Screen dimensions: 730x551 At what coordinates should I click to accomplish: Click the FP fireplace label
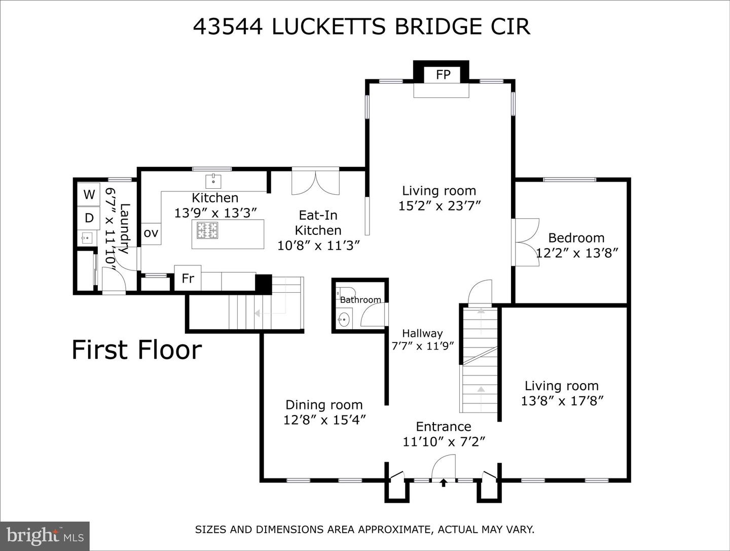pyautogui.click(x=443, y=75)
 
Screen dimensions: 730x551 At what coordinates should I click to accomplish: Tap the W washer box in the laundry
pyautogui.click(x=89, y=194)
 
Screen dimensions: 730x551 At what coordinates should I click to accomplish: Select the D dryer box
pyautogui.click(x=89, y=218)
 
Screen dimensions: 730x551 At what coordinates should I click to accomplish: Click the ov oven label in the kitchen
pyautogui.click(x=151, y=233)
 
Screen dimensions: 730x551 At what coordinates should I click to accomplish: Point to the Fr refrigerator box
pyautogui.click(x=188, y=278)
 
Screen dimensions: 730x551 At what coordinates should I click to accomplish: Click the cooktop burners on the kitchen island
pyautogui.click(x=207, y=230)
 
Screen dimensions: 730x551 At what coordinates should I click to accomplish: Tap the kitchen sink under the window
pyautogui.click(x=213, y=181)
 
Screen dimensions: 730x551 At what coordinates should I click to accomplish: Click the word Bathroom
pyautogui.click(x=360, y=300)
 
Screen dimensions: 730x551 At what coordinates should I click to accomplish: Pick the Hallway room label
pyautogui.click(x=422, y=333)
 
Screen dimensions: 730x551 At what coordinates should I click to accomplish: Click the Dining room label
pyautogui.click(x=324, y=405)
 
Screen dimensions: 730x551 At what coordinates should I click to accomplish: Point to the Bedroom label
pyautogui.click(x=576, y=238)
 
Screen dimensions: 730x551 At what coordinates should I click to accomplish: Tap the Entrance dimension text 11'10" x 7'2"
pyautogui.click(x=444, y=442)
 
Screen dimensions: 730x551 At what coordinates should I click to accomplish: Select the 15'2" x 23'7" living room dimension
pyautogui.click(x=440, y=206)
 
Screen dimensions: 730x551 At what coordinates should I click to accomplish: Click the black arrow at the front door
pyautogui.click(x=443, y=483)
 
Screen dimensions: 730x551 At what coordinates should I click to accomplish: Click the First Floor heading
pyautogui.click(x=137, y=350)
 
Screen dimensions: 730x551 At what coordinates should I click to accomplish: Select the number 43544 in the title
pyautogui.click(x=228, y=26)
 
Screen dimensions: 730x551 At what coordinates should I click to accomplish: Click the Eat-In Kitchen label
pyautogui.click(x=318, y=223)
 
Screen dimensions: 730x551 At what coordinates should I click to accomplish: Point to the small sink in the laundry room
pyautogui.click(x=87, y=238)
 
